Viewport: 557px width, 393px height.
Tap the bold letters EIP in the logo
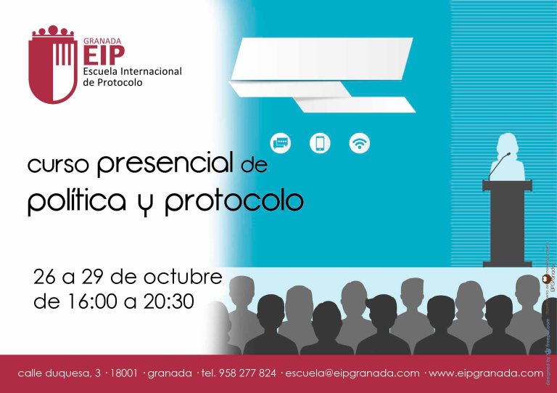[x=104, y=54]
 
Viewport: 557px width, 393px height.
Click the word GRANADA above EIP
[x=102, y=41]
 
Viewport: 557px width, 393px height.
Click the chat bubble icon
[x=281, y=142]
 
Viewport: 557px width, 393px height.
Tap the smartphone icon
[x=320, y=142]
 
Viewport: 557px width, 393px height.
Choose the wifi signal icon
[x=359, y=142]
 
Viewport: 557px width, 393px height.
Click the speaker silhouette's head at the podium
[x=506, y=145]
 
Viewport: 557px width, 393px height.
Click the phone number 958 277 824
[x=247, y=373]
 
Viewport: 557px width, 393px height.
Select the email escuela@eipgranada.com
[x=352, y=373]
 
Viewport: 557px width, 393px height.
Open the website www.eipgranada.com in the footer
[x=486, y=373]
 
